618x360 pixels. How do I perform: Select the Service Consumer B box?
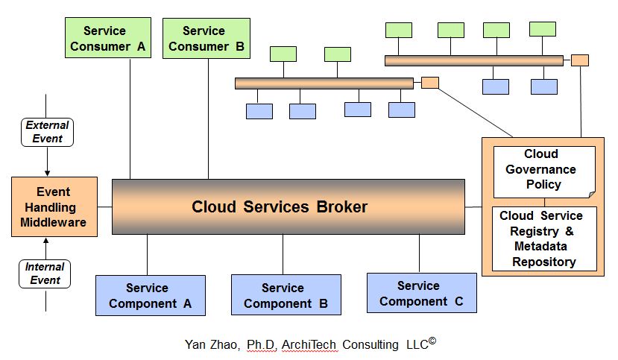click(206, 39)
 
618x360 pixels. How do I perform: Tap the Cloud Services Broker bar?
click(288, 206)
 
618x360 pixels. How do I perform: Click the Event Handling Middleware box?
click(54, 206)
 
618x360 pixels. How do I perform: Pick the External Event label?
click(47, 132)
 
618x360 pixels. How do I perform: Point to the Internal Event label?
click(45, 274)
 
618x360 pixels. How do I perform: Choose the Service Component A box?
click(150, 295)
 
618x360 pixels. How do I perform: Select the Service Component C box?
click(421, 293)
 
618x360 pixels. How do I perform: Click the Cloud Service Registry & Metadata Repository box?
click(544, 239)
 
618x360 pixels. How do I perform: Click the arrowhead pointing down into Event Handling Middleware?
click(46, 172)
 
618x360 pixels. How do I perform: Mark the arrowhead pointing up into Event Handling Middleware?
click(46, 241)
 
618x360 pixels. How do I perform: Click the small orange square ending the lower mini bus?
click(429, 83)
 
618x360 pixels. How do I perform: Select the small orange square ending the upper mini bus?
click(580, 60)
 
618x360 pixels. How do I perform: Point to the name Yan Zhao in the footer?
click(212, 344)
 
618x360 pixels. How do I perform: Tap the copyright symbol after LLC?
click(432, 341)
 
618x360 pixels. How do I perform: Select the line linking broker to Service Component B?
click(283, 254)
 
